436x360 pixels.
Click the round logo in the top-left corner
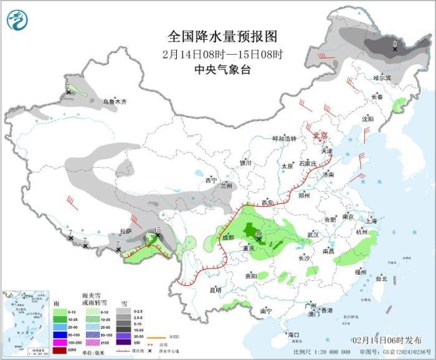click(x=17, y=21)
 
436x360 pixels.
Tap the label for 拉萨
click(x=126, y=232)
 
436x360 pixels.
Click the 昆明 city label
click(x=216, y=290)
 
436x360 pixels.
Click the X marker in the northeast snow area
click(x=395, y=47)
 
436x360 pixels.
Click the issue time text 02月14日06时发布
click(x=386, y=339)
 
